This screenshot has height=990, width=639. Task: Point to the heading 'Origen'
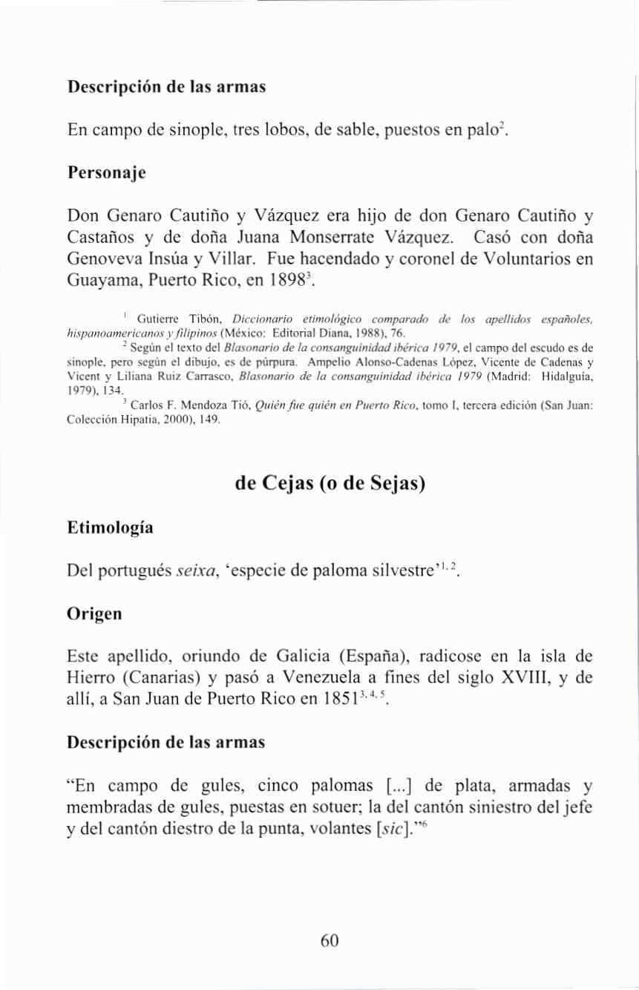click(x=93, y=616)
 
